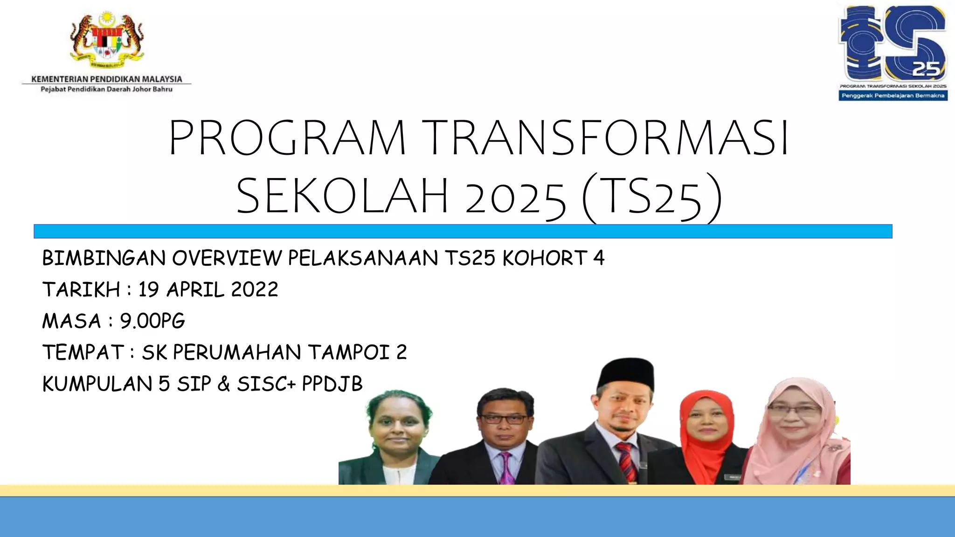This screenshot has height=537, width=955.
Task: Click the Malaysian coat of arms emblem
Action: pyautogui.click(x=106, y=40)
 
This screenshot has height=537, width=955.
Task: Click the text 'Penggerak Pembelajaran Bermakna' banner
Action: pyautogui.click(x=893, y=96)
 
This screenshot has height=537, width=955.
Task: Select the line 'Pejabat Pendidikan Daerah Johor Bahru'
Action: pyautogui.click(x=106, y=89)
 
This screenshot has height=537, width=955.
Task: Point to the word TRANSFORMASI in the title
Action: pyautogui.click(x=606, y=138)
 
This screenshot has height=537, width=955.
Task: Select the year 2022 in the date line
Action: pyautogui.click(x=255, y=289)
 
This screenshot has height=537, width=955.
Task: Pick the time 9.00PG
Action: pyautogui.click(x=152, y=321)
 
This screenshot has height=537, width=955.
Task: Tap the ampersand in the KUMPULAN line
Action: pyautogui.click(x=224, y=384)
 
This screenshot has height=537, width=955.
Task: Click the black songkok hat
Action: pyautogui.click(x=626, y=373)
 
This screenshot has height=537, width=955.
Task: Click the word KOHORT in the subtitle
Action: pyautogui.click(x=544, y=258)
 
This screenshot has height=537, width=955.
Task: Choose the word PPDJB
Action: pyautogui.click(x=332, y=384)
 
